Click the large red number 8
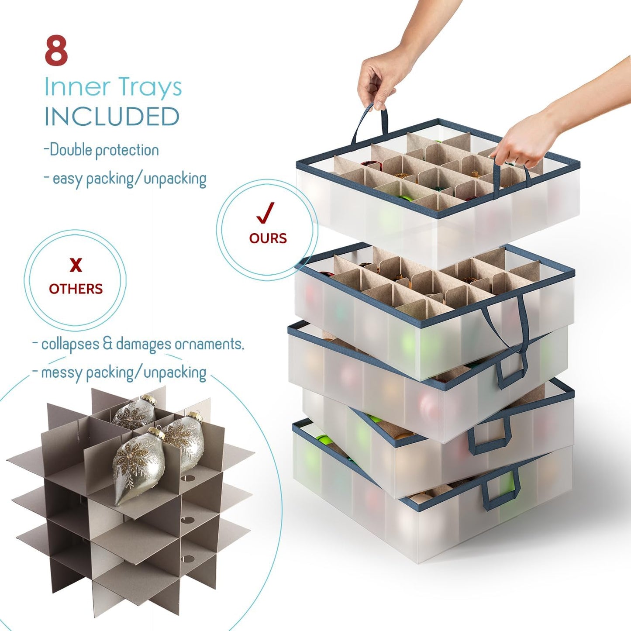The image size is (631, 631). click(56, 51)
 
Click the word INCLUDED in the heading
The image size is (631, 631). click(112, 117)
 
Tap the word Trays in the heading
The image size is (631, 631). click(149, 87)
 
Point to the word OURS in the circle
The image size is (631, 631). click(268, 238)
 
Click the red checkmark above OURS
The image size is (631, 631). click(265, 212)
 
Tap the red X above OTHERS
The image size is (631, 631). click(76, 265)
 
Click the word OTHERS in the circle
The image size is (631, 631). click(76, 289)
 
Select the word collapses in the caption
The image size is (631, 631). click(70, 344)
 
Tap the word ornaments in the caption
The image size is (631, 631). click(209, 344)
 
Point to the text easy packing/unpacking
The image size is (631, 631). click(129, 179)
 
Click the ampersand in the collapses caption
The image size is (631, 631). click(107, 344)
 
